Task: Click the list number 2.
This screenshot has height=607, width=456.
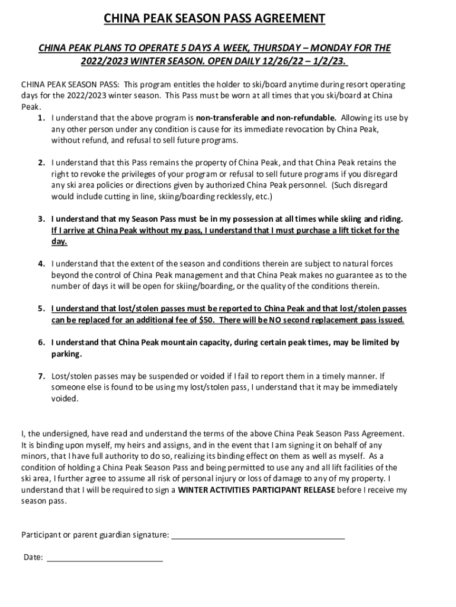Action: click(x=41, y=162)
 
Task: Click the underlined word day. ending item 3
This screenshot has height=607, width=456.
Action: click(x=59, y=242)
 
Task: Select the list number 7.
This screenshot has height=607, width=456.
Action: click(x=41, y=376)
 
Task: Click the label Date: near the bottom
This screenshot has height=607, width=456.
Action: click(x=33, y=557)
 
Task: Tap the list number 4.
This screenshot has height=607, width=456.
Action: click(x=41, y=264)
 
